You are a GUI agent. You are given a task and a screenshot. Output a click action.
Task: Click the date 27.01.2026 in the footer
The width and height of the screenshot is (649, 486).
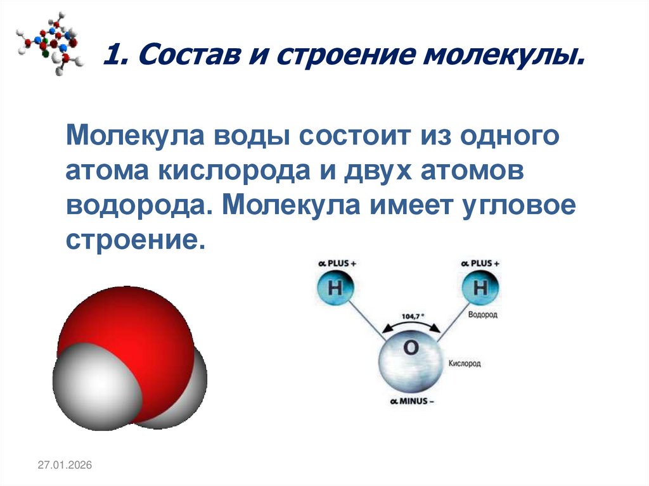(x=65, y=466)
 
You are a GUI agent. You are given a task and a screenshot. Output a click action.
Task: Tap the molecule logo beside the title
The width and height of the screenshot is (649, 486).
(x=49, y=42)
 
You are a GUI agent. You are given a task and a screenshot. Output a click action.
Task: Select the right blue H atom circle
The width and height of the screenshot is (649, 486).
(x=480, y=288)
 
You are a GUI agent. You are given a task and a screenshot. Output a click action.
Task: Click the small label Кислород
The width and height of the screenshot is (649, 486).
(x=465, y=364)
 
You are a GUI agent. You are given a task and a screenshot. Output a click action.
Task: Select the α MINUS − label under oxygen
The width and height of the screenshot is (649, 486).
(x=410, y=402)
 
